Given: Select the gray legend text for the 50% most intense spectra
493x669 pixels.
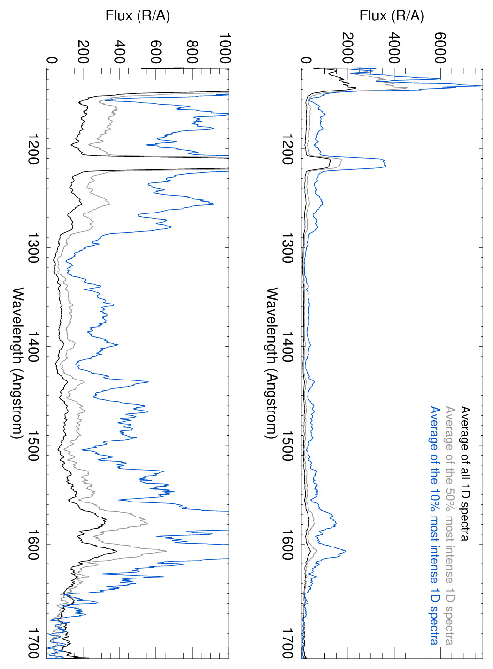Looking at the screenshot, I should pos(450,525).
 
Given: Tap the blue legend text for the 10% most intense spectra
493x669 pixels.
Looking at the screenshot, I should pos(435,525).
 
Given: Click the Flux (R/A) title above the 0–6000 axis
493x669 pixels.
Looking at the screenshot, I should pos(391,16).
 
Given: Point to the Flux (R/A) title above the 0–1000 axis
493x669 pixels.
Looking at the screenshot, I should pos(138,16).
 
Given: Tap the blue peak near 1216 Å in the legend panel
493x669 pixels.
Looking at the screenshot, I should pos(385,166).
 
